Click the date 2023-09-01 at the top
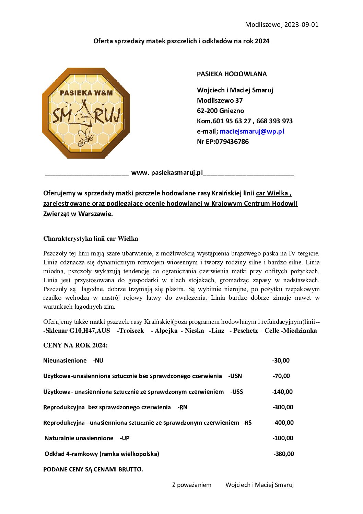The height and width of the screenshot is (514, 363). tap(301, 24)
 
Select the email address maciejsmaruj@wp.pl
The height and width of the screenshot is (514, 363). tap(252, 131)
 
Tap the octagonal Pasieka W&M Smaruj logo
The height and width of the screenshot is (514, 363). tap(86, 113)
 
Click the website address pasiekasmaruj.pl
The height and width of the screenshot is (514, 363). tap(167, 172)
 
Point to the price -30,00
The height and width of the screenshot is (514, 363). tap(281, 361)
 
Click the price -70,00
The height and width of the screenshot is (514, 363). tap(281, 376)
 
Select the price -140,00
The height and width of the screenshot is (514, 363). tap(282, 392)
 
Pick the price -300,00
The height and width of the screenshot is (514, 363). tap(283, 407)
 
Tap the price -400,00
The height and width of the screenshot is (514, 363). tap(283, 423)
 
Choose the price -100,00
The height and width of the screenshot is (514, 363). tap(283, 438)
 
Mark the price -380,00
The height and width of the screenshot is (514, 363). tap(284, 454)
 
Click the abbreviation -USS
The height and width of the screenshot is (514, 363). tap(236, 392)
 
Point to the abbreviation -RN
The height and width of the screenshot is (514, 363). tap(183, 407)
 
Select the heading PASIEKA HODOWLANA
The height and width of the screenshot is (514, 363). tap(232, 74)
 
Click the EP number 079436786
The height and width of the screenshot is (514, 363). tap(232, 141)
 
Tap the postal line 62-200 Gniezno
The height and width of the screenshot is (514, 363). tap(220, 111)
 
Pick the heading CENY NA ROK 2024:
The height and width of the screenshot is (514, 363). tap(75, 345)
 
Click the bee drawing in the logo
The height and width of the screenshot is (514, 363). tap(85, 137)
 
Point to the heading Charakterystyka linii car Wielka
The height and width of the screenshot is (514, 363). tap(91, 239)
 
